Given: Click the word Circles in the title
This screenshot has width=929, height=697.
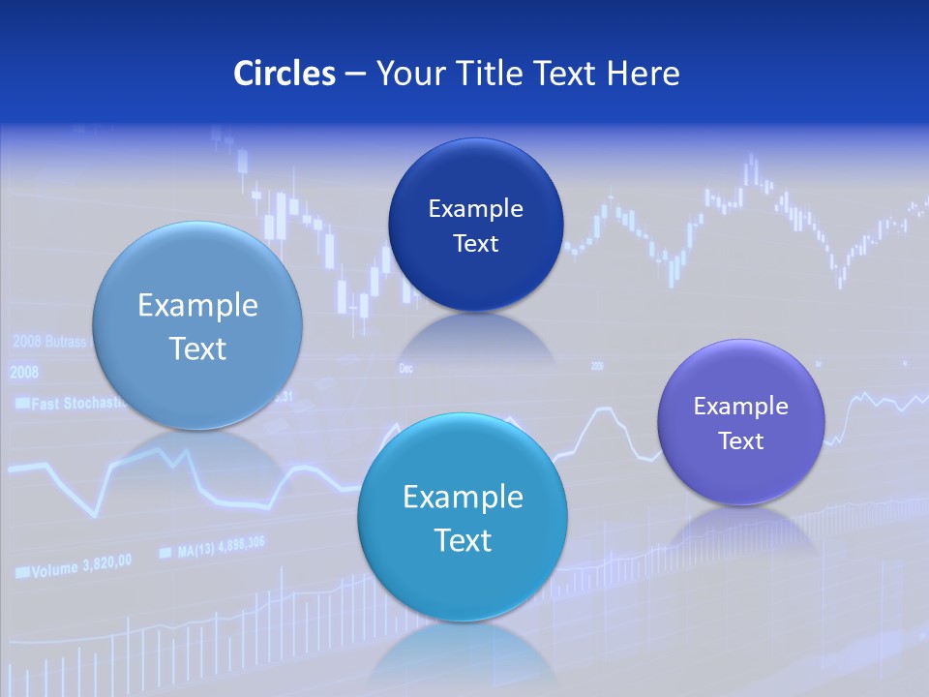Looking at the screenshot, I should click(x=285, y=74).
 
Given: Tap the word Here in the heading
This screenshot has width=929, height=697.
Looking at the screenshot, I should click(x=643, y=74).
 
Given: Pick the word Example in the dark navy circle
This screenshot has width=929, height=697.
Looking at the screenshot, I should click(x=475, y=208).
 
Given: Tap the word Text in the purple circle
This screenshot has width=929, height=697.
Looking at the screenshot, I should click(x=741, y=441).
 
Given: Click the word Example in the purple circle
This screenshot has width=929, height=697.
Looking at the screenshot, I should click(x=740, y=407).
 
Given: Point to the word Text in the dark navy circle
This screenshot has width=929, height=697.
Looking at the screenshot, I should click(x=475, y=244).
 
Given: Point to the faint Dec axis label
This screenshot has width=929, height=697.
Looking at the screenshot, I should click(x=405, y=368).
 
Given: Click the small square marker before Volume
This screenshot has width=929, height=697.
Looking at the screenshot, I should click(x=21, y=573).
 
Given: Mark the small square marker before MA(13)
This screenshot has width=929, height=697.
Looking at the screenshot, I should click(x=165, y=553).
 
